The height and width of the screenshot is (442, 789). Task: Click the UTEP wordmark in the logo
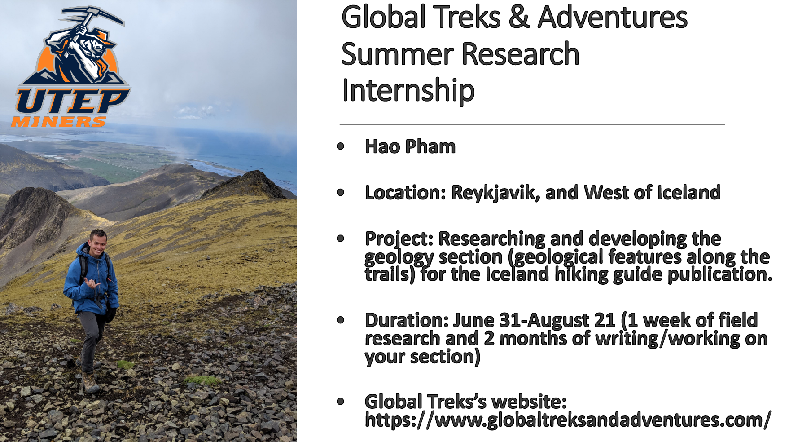coord(72,101)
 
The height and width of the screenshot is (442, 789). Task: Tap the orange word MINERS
coord(59,122)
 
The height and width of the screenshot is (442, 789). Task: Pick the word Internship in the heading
coord(408,90)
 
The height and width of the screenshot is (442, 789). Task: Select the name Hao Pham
coord(410,146)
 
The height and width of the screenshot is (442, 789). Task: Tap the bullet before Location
coord(341,193)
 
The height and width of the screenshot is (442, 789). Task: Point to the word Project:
coord(399,239)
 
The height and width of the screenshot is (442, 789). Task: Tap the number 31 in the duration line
coord(511,320)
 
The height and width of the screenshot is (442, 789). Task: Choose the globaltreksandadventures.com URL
coord(568,420)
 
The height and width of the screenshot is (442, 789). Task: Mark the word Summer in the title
coord(398,54)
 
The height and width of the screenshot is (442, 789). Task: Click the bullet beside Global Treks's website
coord(341,401)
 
